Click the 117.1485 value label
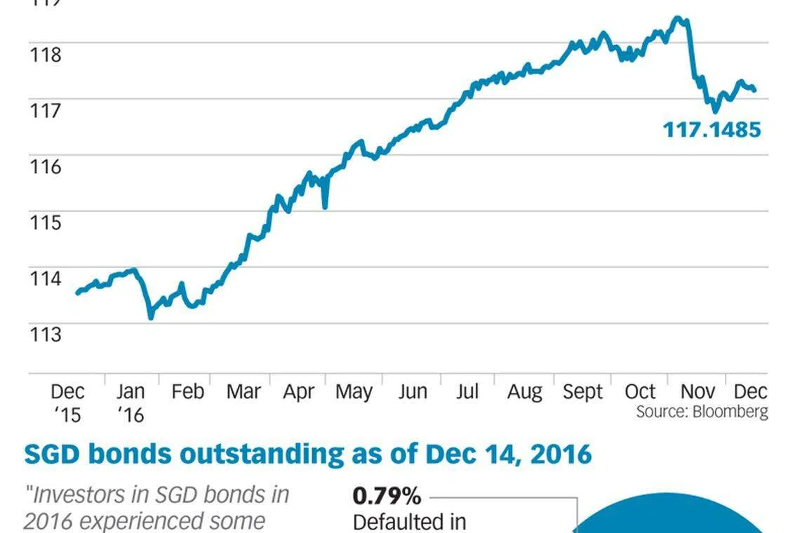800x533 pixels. (712, 130)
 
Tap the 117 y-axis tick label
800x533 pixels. (44, 110)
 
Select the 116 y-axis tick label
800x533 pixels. (44, 166)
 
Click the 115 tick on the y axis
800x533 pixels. (44, 222)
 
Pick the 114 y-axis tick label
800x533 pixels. (44, 278)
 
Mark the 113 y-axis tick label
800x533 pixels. (44, 335)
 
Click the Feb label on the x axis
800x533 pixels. (187, 391)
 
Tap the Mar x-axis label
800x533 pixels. (244, 391)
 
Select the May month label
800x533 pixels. (354, 391)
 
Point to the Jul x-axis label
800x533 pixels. (467, 391)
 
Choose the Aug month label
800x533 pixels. (524, 391)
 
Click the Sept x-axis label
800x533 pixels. (583, 391)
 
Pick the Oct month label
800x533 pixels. (640, 391)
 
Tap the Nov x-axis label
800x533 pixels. (698, 391)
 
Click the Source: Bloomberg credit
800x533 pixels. (702, 412)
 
